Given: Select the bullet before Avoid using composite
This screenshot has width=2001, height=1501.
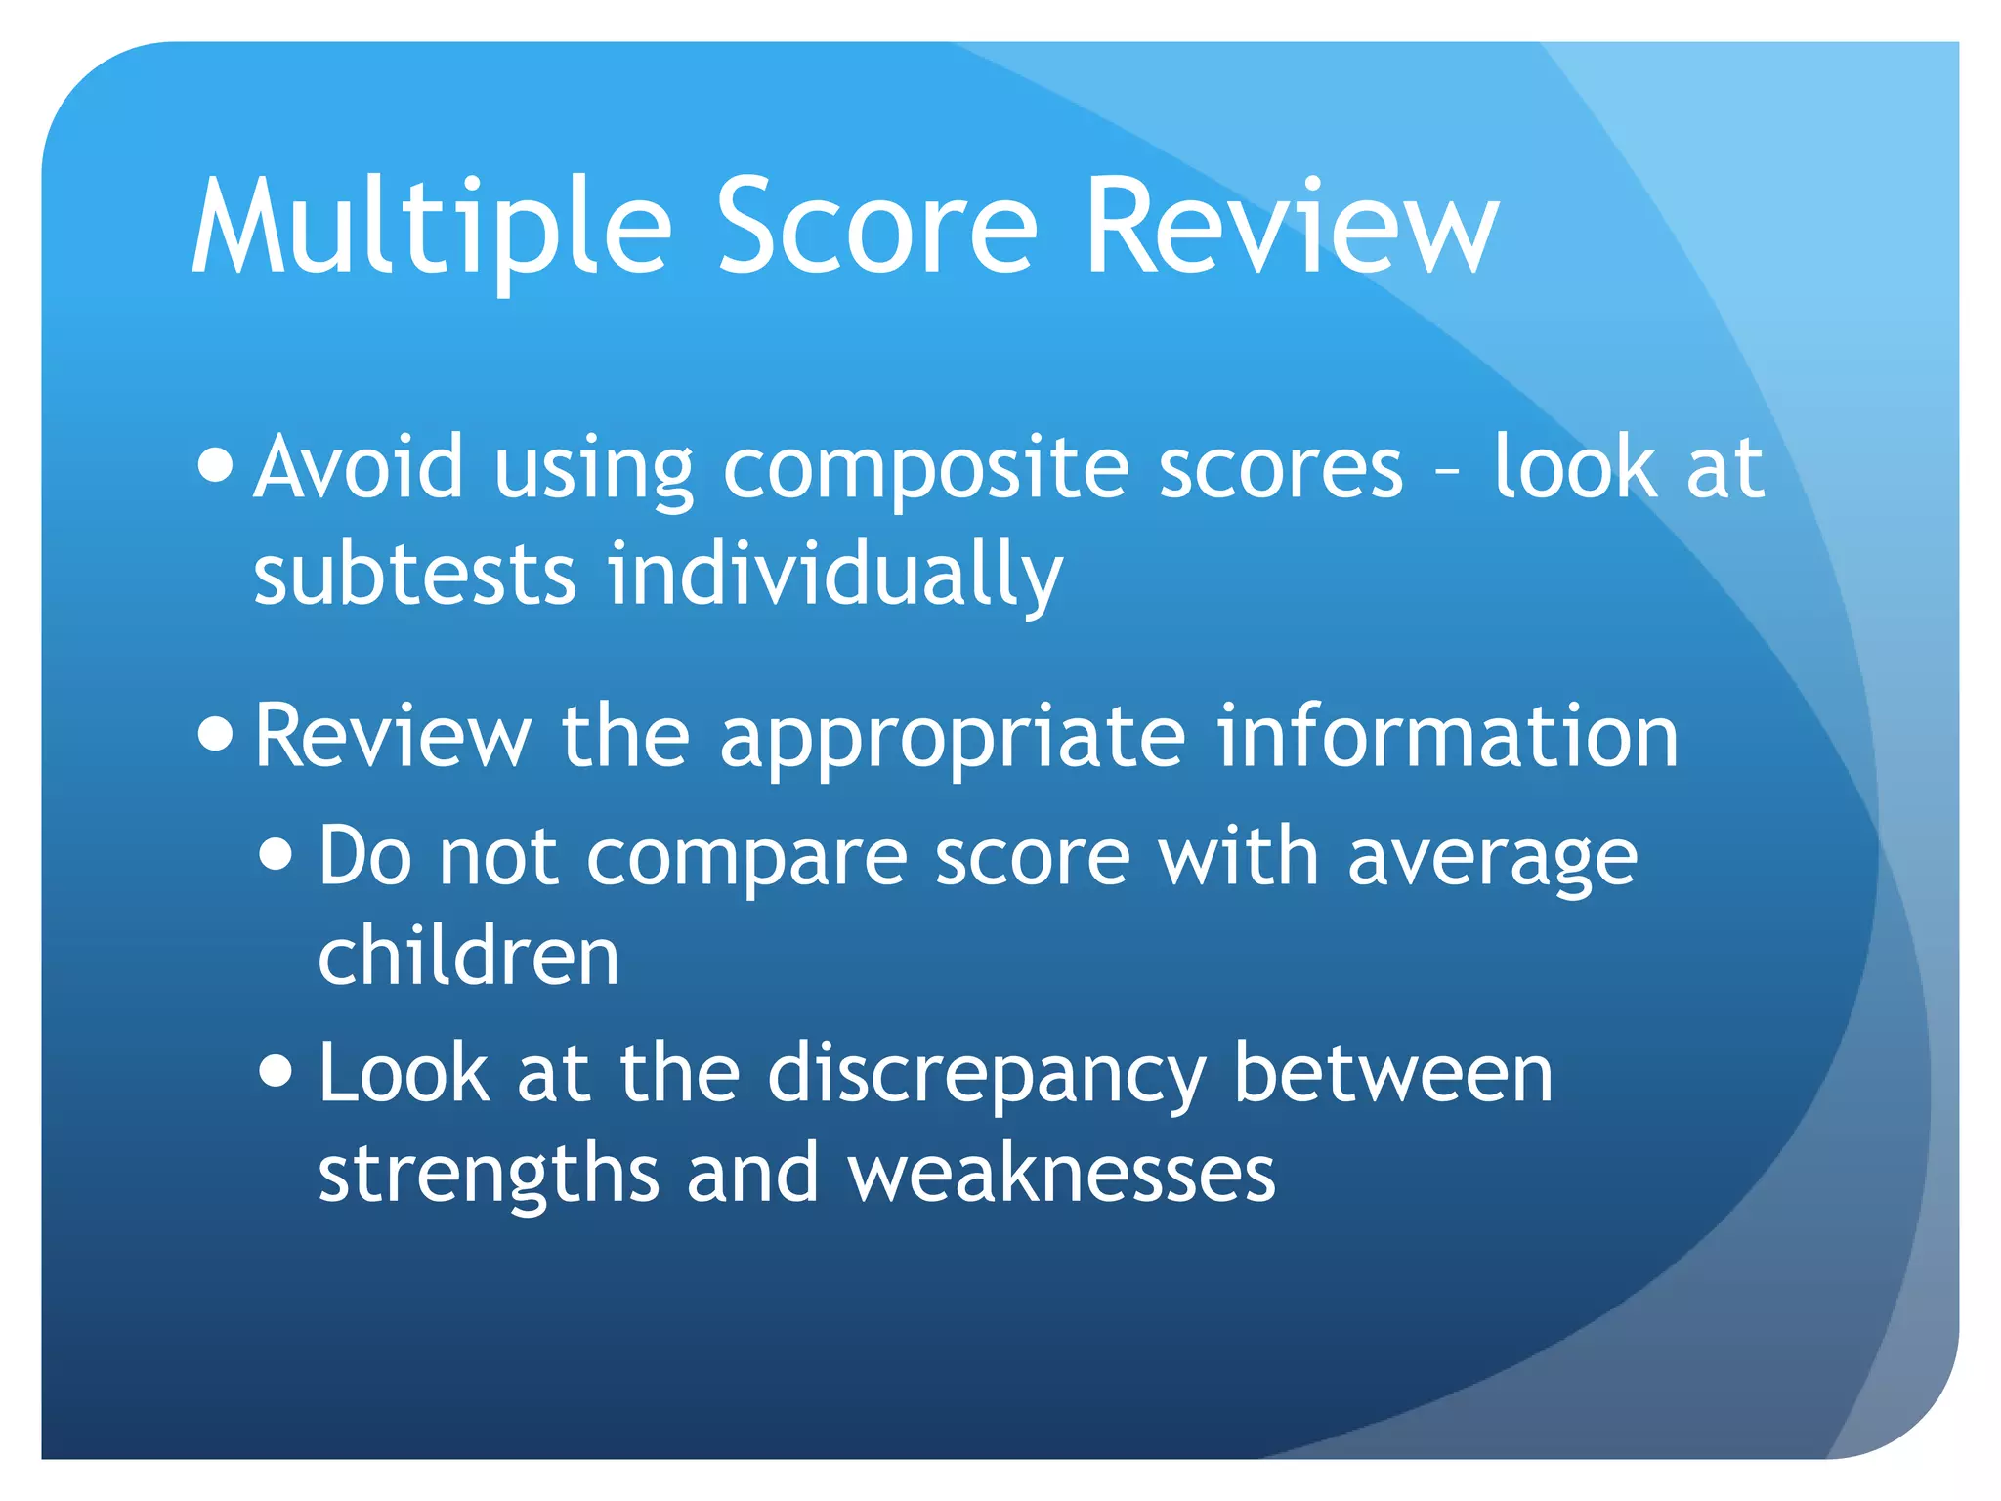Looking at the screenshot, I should [215, 465].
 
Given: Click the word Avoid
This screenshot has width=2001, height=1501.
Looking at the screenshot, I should [358, 467].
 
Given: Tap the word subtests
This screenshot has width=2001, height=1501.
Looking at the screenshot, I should [414, 574].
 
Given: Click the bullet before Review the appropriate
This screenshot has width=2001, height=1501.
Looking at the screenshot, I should [215, 734].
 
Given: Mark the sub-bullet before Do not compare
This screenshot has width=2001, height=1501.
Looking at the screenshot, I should [277, 854].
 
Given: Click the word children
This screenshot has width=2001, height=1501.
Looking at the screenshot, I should [469, 956].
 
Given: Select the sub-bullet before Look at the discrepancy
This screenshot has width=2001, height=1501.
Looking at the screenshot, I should [277, 1070].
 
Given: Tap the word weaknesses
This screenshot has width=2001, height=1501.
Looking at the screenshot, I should [1061, 1173].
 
